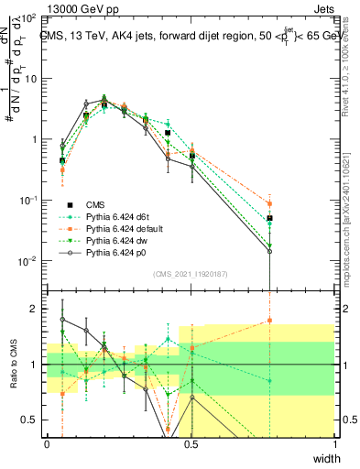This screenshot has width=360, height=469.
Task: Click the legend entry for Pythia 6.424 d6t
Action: [x=116, y=216]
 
